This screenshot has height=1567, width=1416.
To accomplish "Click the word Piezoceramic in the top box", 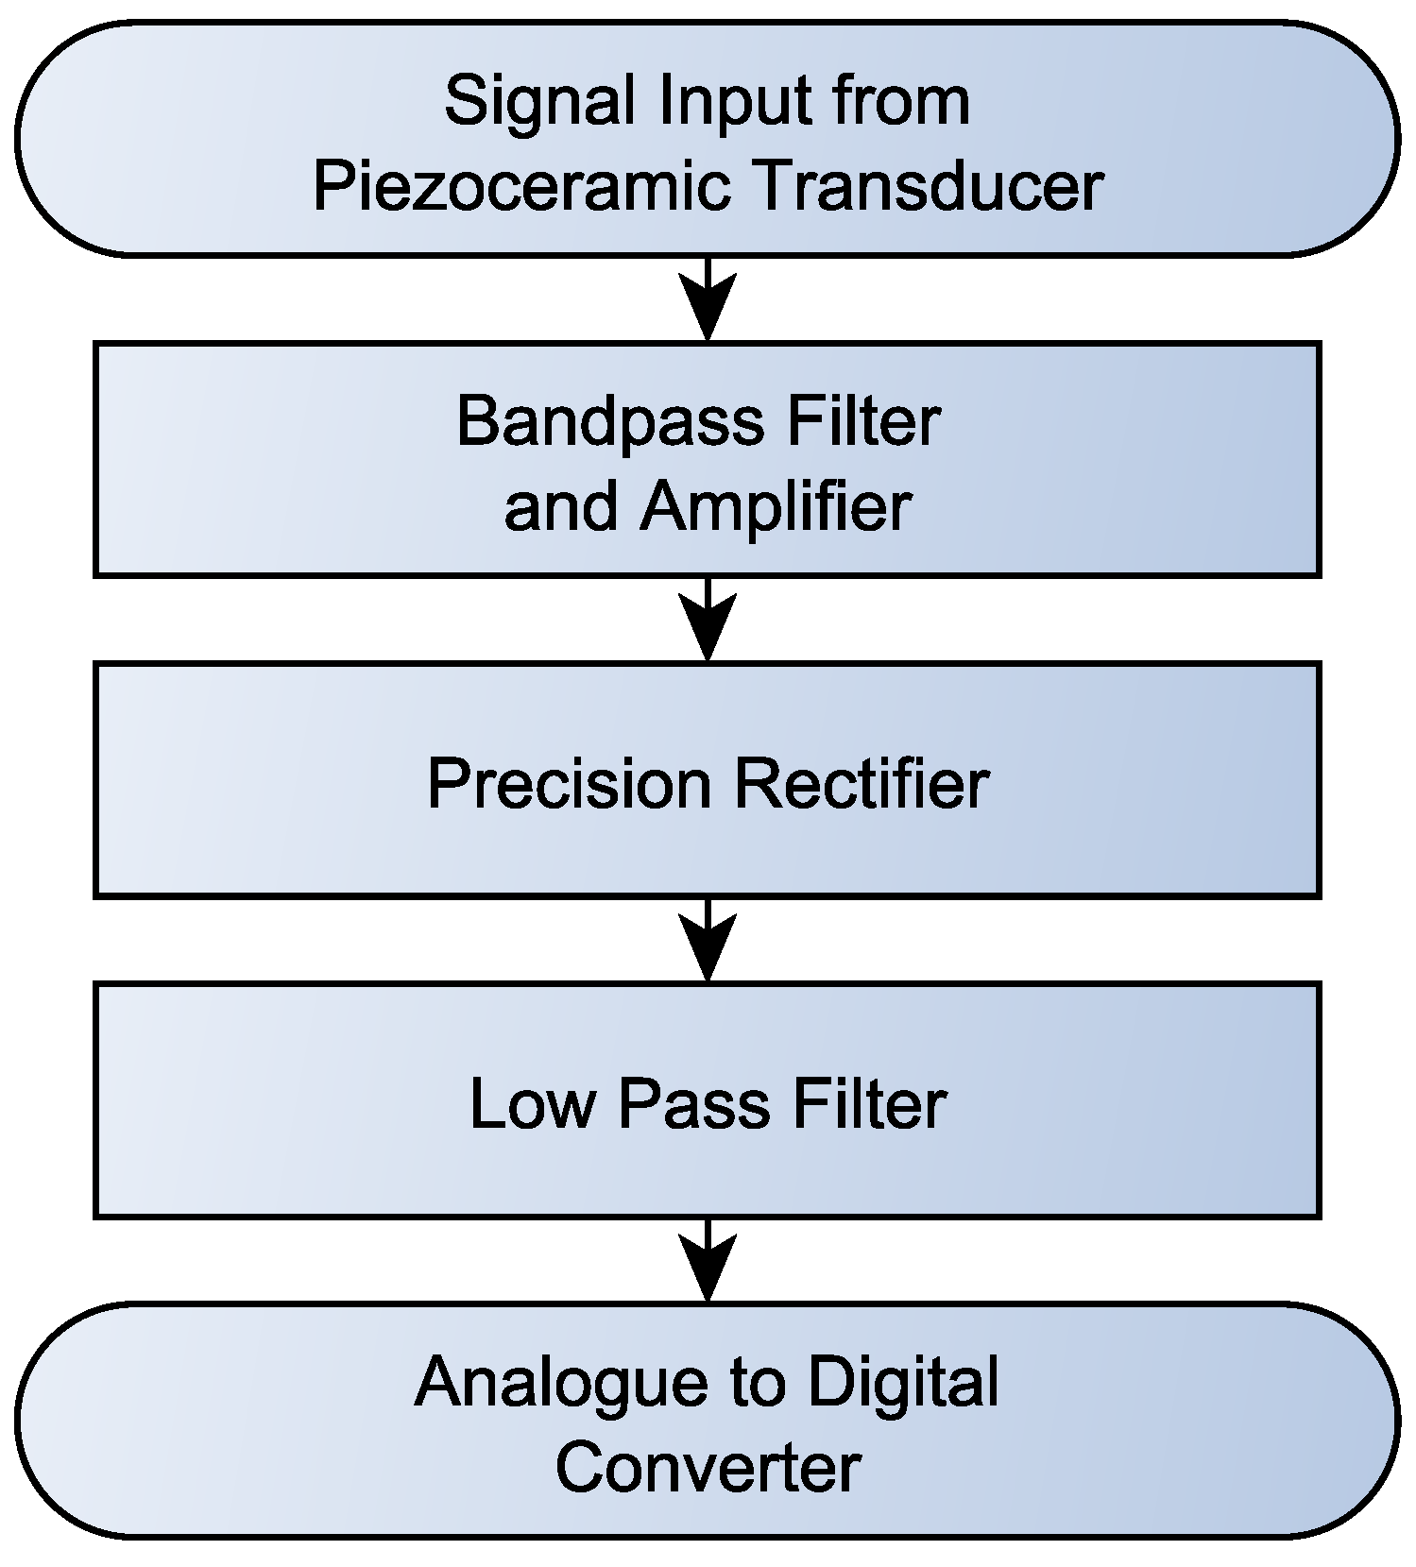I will click(x=521, y=185).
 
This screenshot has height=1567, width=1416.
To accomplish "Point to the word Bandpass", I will click(x=610, y=421).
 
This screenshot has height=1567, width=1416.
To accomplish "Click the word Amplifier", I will click(x=775, y=507).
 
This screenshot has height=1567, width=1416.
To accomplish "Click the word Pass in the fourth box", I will click(x=693, y=1103).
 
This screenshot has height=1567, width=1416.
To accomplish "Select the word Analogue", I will click(x=561, y=1382).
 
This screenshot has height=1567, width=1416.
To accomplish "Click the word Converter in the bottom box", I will click(x=708, y=1467).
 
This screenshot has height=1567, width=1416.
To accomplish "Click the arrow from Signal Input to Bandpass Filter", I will click(x=708, y=300).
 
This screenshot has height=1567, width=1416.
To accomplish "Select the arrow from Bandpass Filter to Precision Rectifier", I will click(x=708, y=621).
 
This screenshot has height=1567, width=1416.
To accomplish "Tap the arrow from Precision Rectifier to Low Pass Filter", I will click(x=708, y=941).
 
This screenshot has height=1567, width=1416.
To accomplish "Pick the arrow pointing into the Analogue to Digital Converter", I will click(x=708, y=1262).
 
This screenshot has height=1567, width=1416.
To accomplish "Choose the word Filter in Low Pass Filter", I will click(x=868, y=1103).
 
